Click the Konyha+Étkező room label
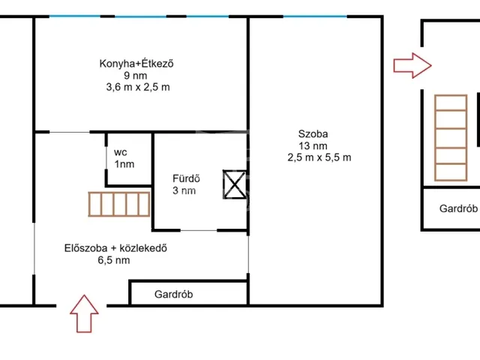[x=137, y=63]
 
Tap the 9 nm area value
[x=137, y=75]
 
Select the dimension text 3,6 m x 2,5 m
[x=138, y=87]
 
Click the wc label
[x=120, y=151]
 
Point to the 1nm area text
[x=124, y=163]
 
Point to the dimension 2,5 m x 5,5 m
[x=319, y=158]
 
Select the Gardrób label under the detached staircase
[x=458, y=209]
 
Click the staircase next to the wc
[x=118, y=205]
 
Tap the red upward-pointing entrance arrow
[x=84, y=313]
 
